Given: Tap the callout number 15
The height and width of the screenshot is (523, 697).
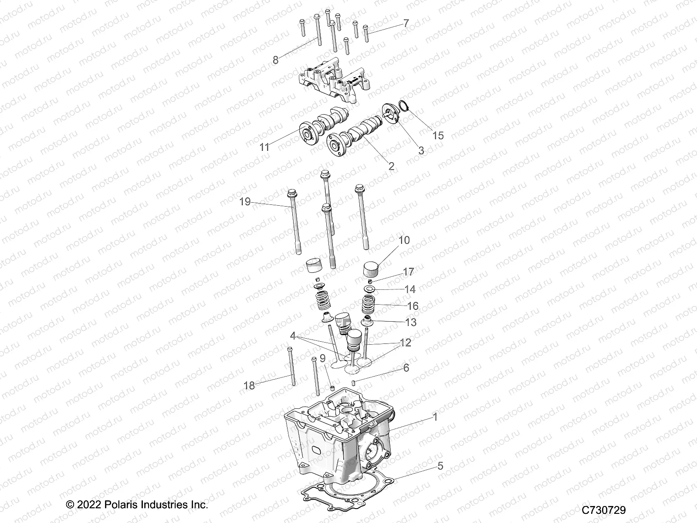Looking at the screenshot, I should (x=438, y=136).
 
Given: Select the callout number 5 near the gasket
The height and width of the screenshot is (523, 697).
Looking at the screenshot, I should (x=440, y=466).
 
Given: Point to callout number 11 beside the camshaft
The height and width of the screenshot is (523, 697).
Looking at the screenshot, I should (x=264, y=147).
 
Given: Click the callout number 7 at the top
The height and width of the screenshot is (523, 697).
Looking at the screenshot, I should (x=406, y=23).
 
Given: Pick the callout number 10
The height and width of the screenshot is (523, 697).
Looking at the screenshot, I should (x=404, y=240).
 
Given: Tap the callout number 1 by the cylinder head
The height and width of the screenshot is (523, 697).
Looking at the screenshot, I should (x=434, y=417).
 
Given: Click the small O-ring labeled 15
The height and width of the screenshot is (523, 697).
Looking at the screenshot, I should (x=403, y=117).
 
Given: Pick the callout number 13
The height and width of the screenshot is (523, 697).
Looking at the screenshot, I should (x=410, y=322).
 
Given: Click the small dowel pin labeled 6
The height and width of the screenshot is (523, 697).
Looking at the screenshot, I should (x=354, y=383).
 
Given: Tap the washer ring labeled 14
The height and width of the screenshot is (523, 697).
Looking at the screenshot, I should (x=370, y=289).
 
